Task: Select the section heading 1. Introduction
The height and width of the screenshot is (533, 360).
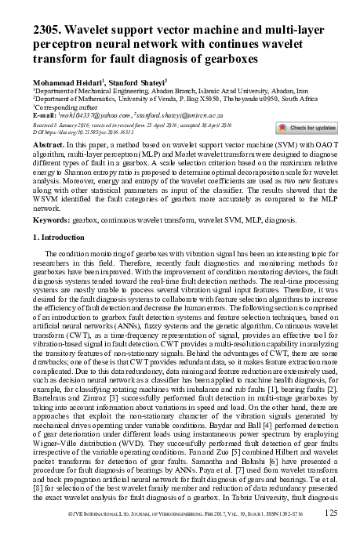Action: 64,237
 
